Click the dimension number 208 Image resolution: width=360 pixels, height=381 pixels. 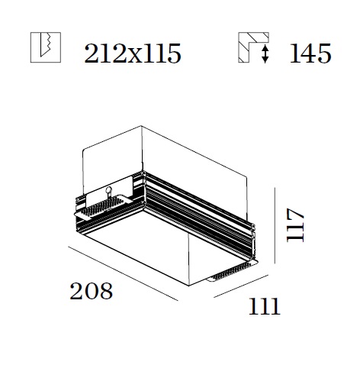(91, 291)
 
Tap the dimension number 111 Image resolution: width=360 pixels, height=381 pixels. (265, 306)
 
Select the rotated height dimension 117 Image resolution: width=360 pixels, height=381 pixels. (295, 225)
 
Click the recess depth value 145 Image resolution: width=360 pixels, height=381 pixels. (310, 53)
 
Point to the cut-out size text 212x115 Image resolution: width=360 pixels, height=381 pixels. (133, 53)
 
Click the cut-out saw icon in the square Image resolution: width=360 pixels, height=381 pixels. (46, 47)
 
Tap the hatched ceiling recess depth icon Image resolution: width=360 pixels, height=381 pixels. (253, 47)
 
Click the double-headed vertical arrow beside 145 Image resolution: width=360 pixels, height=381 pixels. (265, 53)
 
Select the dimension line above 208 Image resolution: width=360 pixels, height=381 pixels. (124, 273)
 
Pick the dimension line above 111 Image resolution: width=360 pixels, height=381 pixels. (241, 286)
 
